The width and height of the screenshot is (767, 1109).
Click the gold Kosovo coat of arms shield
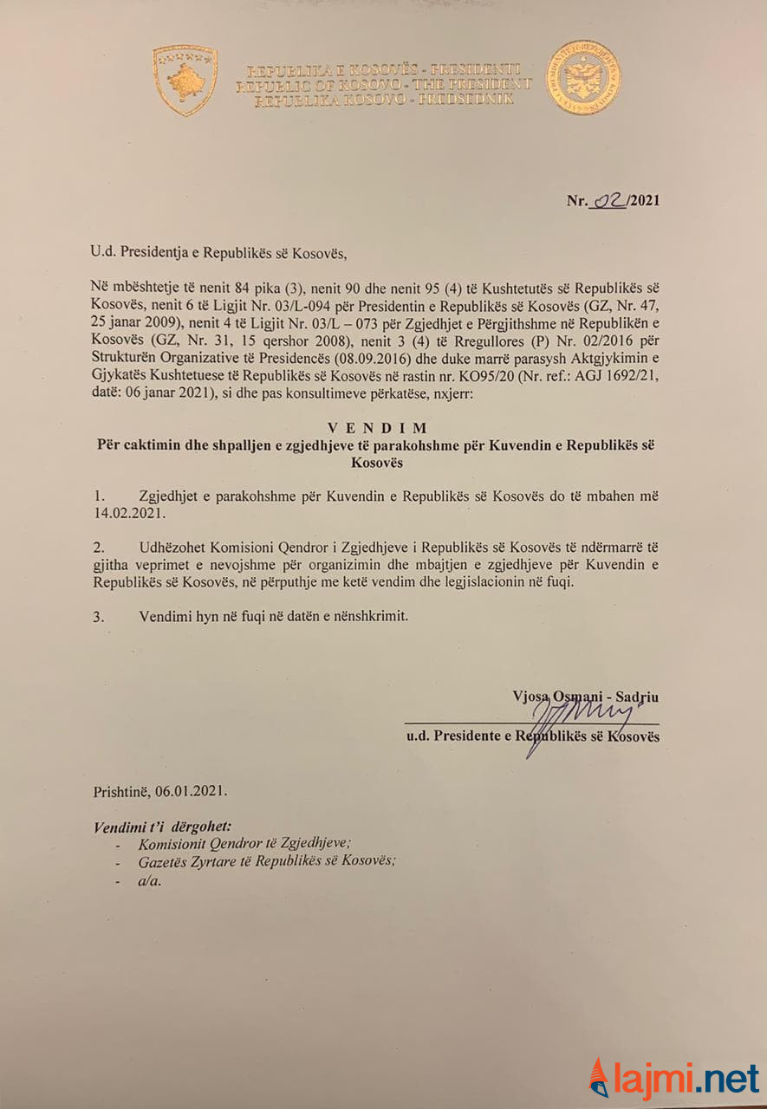pos(185,80)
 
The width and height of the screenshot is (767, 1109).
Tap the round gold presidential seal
pos(582,78)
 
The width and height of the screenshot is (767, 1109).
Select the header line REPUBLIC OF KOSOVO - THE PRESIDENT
pos(383,85)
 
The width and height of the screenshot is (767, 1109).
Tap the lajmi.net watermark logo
pos(673,1078)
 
